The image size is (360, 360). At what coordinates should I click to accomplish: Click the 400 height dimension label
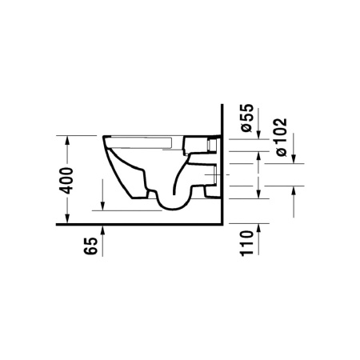(x=66, y=181)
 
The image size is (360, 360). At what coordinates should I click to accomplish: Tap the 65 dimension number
(x=90, y=246)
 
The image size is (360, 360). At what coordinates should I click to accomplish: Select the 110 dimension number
(x=246, y=243)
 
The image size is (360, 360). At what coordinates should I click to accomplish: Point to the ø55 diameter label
(x=246, y=118)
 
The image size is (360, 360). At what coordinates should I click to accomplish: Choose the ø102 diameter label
(x=281, y=137)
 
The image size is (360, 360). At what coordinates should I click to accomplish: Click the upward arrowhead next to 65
(x=103, y=230)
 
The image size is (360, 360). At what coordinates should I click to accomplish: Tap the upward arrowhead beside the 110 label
(x=258, y=229)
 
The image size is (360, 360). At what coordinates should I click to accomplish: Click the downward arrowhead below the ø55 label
(x=258, y=134)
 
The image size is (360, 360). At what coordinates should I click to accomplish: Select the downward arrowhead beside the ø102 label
(x=294, y=158)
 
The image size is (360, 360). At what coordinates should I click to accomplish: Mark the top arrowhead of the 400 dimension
(x=67, y=141)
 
